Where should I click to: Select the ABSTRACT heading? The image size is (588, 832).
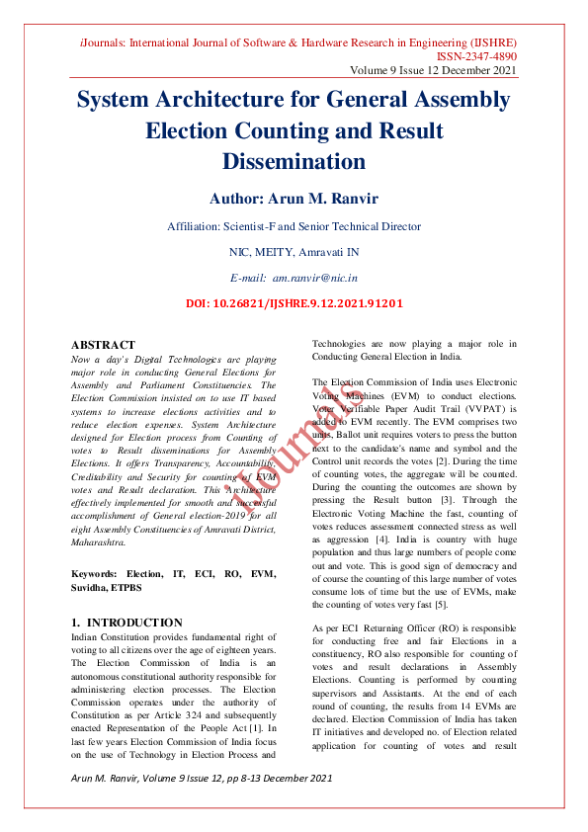[x=104, y=345]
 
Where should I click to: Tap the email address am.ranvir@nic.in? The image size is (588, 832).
[x=314, y=280]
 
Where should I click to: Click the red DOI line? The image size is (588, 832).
[x=294, y=303]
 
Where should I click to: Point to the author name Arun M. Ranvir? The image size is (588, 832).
[x=294, y=198]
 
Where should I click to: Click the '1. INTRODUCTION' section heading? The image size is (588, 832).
[x=127, y=623]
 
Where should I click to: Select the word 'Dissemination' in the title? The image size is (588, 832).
[x=294, y=160]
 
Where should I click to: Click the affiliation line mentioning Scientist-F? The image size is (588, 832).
[x=294, y=226]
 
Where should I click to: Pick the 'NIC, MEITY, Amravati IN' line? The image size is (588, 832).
[x=294, y=252]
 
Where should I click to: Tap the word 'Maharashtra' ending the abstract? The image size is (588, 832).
[x=98, y=542]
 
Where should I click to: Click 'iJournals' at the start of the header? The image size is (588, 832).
[x=103, y=43]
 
